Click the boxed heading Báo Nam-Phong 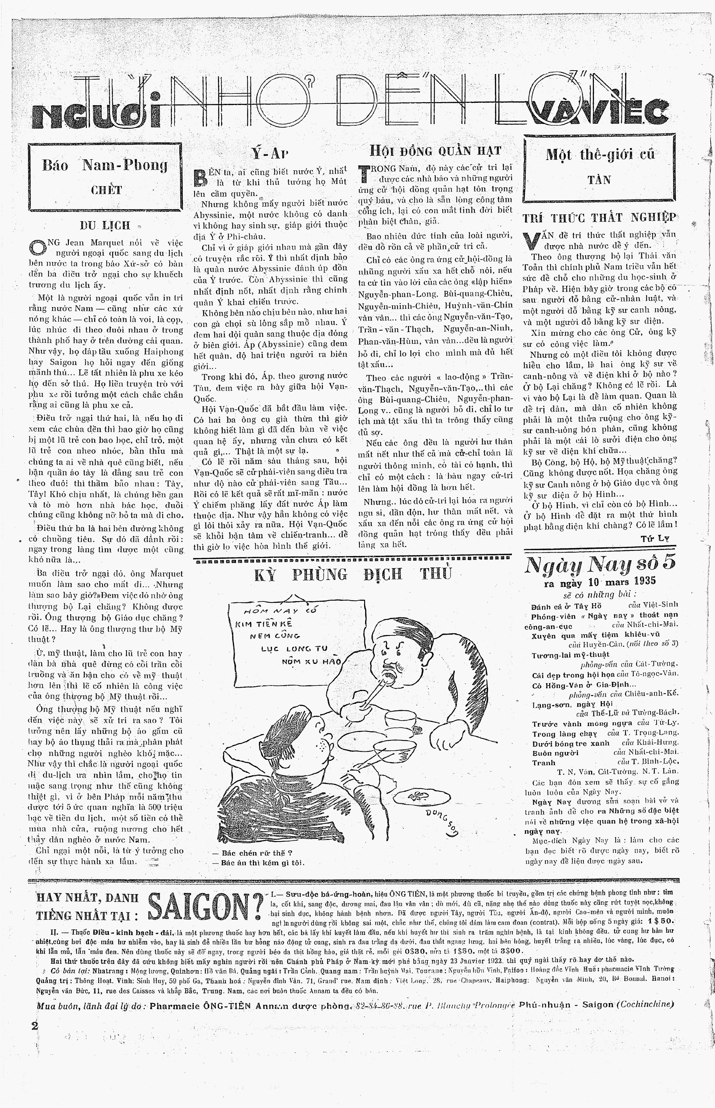pos(105,165)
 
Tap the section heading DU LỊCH pos(105,226)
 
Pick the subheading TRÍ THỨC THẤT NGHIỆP pos(599,218)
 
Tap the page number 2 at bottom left pos(34,1025)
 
